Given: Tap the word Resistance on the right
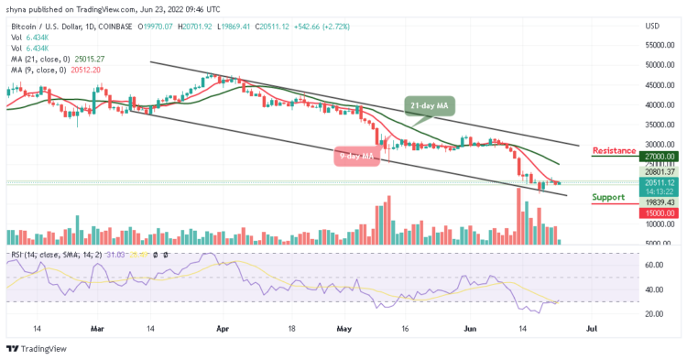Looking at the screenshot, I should point(615,150).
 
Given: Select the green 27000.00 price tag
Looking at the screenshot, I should point(659,157).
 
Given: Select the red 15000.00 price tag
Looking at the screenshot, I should point(659,213).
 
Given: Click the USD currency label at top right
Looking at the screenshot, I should point(653,26).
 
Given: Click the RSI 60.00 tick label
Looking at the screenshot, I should point(653,266).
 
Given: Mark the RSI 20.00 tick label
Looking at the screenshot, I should point(653,314).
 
